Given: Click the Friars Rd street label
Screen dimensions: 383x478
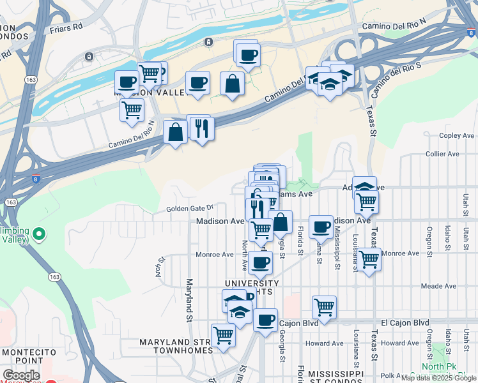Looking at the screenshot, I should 66,29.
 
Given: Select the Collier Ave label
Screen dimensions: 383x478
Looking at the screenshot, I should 442,154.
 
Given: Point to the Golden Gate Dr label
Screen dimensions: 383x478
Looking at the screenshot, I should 189,208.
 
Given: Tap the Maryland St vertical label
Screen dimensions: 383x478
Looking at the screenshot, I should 189,299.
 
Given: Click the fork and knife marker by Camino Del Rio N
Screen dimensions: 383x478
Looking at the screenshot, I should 201,128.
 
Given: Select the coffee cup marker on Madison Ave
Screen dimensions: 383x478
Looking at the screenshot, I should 321,226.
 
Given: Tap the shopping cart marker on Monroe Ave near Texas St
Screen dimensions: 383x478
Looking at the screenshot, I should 369,259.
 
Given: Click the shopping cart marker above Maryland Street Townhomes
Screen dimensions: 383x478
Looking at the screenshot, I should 223,334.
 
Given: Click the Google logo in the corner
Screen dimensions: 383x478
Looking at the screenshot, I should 21,376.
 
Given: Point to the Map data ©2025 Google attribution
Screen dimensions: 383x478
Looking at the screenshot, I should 438,378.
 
